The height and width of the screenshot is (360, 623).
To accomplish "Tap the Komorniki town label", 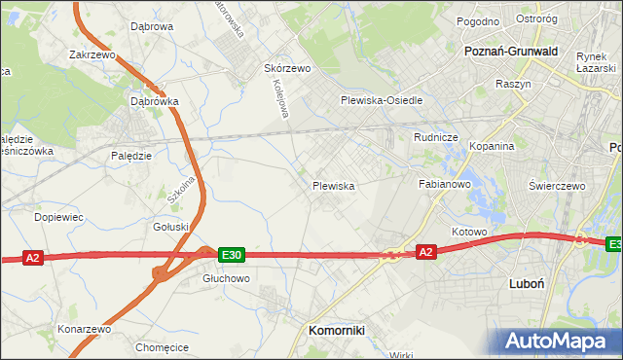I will click(x=336, y=330).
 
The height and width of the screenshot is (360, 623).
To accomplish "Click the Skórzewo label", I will click(x=287, y=69).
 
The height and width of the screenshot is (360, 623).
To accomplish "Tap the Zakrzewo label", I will click(x=92, y=55).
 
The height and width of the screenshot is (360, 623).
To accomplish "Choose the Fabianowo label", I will click(x=445, y=183).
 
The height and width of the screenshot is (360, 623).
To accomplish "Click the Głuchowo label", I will click(x=226, y=277).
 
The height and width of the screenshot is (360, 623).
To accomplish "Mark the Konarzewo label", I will click(x=84, y=329).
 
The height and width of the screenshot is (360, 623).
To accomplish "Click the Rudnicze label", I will click(x=435, y=137).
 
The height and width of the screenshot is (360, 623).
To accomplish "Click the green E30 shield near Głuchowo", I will click(x=231, y=255).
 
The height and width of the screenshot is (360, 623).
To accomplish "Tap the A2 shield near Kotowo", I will click(x=425, y=252).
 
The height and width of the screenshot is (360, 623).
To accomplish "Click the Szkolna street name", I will click(x=175, y=181).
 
